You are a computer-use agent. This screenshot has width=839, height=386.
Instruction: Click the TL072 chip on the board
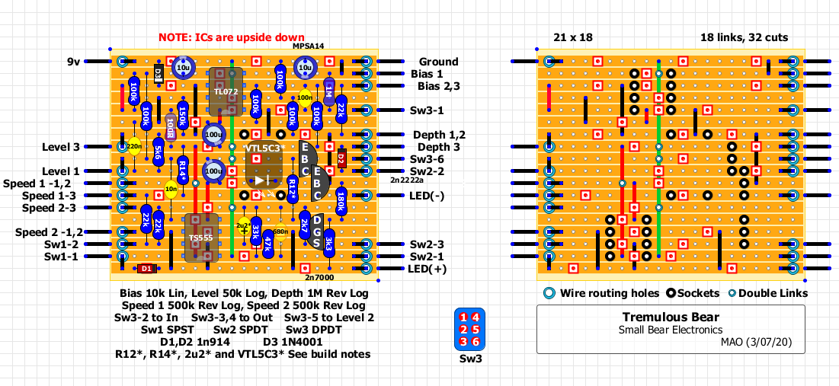pyautogui.click(x=225, y=92)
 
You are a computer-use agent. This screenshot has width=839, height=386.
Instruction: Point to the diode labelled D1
pyautogui.click(x=147, y=269)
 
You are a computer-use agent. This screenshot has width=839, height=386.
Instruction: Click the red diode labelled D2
pyautogui.click(x=341, y=159)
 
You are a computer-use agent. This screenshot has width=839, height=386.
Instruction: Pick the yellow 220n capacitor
pyautogui.click(x=134, y=146)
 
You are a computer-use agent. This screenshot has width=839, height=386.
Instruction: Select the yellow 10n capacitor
pyautogui.click(x=171, y=189)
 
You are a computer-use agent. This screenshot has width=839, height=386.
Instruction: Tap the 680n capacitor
pyautogui.click(x=280, y=231)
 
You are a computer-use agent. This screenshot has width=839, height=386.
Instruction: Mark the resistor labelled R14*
pyautogui.click(x=183, y=165)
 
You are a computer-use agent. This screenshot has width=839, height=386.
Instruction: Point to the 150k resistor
pyautogui.click(x=183, y=116)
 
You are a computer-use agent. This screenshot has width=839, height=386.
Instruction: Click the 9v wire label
pyautogui.click(x=72, y=62)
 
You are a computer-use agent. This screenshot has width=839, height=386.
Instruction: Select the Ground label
pyautogui.click(x=438, y=62)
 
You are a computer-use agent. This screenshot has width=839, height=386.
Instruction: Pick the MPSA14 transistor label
pyautogui.click(x=308, y=46)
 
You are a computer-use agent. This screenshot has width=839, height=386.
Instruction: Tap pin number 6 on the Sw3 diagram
pyautogui.click(x=476, y=341)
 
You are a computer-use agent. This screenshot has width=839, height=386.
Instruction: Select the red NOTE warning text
pyautogui.click(x=232, y=37)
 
